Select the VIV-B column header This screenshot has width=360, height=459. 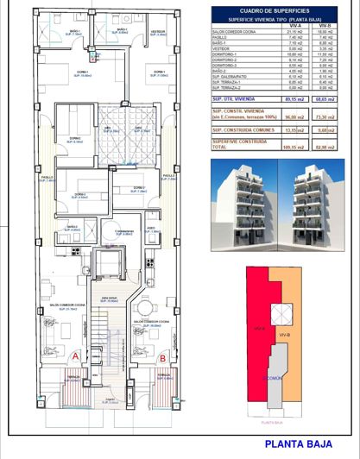point(325,27)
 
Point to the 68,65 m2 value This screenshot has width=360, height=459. point(325,99)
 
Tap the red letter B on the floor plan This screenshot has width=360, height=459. point(163,355)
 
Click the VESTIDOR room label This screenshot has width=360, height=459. point(157,31)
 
